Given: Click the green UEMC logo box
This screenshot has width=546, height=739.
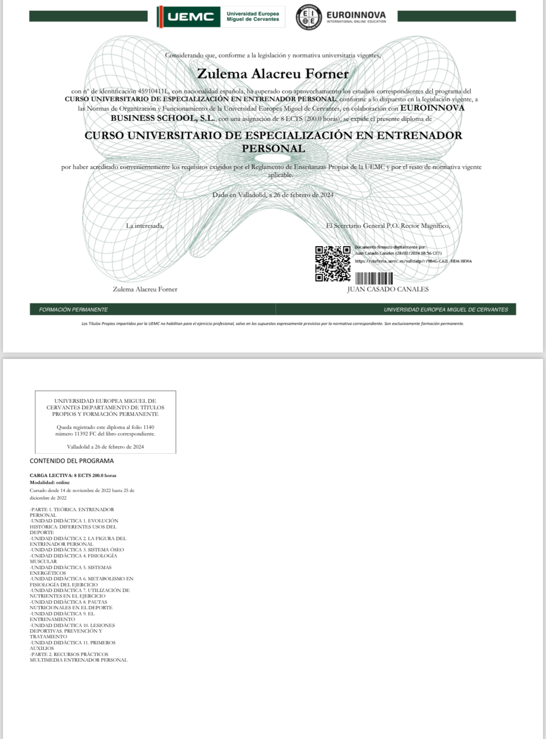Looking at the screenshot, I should tap(188, 17).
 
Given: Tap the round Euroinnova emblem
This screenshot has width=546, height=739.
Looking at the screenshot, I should tap(308, 17).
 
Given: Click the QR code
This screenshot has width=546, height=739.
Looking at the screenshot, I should tap(333, 263).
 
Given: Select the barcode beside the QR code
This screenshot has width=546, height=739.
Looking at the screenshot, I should tap(373, 278).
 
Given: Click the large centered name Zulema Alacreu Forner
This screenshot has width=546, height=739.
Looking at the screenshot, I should tap(273, 74).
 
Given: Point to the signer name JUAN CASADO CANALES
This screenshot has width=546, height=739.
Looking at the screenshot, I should tap(388, 289).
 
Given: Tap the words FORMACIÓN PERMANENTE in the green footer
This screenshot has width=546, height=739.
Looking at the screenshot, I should tap(73, 310).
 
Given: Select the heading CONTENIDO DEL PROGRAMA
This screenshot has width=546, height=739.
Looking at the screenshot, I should tap(72, 461).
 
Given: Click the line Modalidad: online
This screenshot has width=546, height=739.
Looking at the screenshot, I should tap(49, 483).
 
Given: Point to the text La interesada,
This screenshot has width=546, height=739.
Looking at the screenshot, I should tap(145, 226).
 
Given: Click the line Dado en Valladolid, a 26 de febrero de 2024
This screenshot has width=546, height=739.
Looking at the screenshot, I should tap(273, 195).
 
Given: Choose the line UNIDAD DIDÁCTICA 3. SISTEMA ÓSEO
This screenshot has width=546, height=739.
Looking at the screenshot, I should tap(77, 550).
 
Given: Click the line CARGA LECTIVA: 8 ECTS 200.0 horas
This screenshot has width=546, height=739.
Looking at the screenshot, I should tap(73, 476).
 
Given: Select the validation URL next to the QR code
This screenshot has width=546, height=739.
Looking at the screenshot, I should tap(413, 261).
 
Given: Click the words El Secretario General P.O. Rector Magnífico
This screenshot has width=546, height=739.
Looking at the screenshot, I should tap(388, 226).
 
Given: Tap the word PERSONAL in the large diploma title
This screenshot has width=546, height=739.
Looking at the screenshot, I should tap(273, 149).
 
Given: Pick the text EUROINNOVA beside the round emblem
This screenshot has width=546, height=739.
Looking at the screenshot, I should tap(357, 14).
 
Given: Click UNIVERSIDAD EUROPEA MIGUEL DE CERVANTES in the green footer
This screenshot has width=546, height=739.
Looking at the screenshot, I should tap(446, 310).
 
